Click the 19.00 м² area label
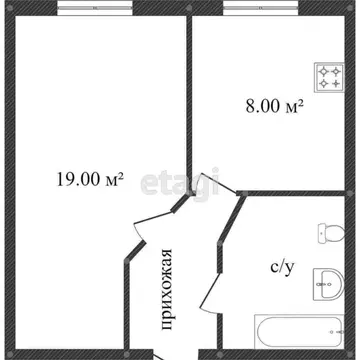pos(89,180)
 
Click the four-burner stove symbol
pos(329,75)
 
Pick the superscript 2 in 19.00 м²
pos(120,175)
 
